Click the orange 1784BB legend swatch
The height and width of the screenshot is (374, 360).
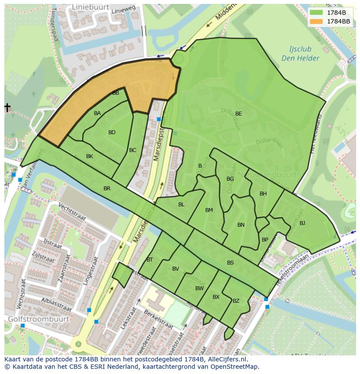tap(317, 21)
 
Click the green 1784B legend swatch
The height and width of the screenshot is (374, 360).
tap(317, 13)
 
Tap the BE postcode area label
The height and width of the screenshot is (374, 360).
tap(238, 114)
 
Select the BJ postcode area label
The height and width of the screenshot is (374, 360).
tap(302, 223)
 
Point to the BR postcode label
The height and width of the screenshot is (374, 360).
tap(107, 189)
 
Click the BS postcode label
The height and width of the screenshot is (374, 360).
tap(230, 263)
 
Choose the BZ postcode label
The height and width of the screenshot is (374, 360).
tap(236, 301)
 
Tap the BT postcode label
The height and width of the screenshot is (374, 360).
tap(150, 260)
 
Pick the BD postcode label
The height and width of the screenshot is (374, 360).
tap(112, 132)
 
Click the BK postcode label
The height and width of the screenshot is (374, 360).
tap(90, 156)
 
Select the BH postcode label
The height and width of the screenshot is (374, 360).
tap(263, 194)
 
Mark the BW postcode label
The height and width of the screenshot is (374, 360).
tap(199, 288)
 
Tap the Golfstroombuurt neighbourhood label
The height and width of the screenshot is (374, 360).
tap(38, 319)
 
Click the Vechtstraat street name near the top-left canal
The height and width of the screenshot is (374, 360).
tap(70, 212)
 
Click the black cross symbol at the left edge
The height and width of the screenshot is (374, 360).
tap(7, 107)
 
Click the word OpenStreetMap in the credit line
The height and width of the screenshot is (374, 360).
tap(236, 367)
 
